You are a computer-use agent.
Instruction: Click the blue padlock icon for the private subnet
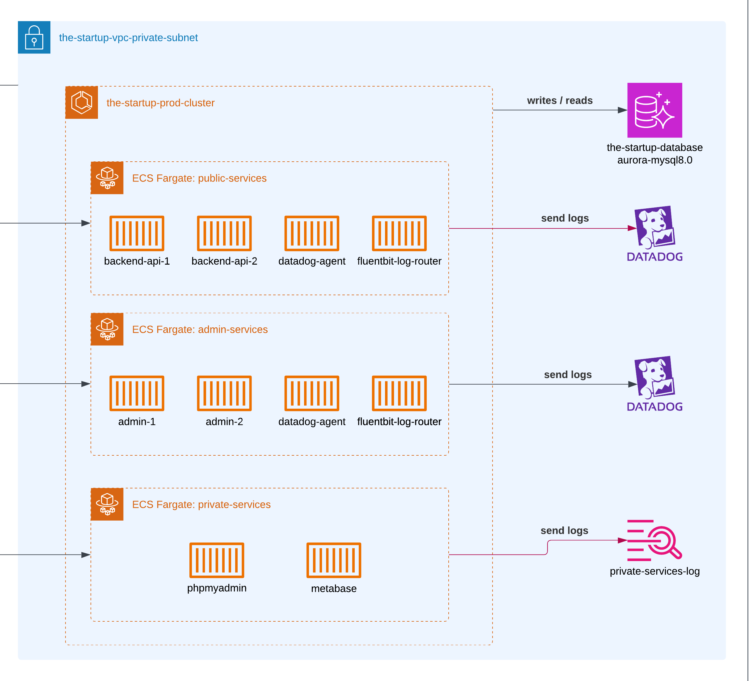(x=34, y=37)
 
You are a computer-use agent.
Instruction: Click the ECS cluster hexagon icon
(x=81, y=102)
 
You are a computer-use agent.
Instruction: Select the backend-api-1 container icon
(x=137, y=233)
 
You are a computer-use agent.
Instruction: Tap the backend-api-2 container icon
(x=224, y=233)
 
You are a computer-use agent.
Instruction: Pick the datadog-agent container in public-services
(x=312, y=233)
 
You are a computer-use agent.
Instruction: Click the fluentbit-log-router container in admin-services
(x=399, y=393)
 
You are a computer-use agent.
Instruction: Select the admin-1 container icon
(x=137, y=393)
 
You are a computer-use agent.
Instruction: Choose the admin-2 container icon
(x=224, y=393)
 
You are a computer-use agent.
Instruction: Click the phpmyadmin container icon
(x=217, y=560)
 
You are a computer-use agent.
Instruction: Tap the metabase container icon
(x=334, y=560)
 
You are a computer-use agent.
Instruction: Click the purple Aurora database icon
(x=655, y=110)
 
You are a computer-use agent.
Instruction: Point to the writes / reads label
(x=560, y=100)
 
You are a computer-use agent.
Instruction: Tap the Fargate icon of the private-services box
(x=107, y=504)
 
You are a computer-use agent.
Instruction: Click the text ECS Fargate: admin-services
(x=200, y=329)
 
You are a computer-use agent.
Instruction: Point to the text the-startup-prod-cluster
(x=160, y=103)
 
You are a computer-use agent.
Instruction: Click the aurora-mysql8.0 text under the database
(x=655, y=160)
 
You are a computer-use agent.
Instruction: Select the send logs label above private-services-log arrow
(x=564, y=530)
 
